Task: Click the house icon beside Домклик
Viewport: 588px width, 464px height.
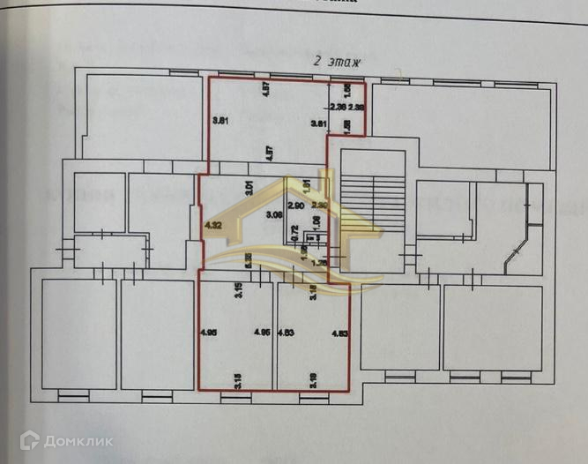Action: tap(30, 438)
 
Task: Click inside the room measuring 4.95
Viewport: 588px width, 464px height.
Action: tap(234, 353)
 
